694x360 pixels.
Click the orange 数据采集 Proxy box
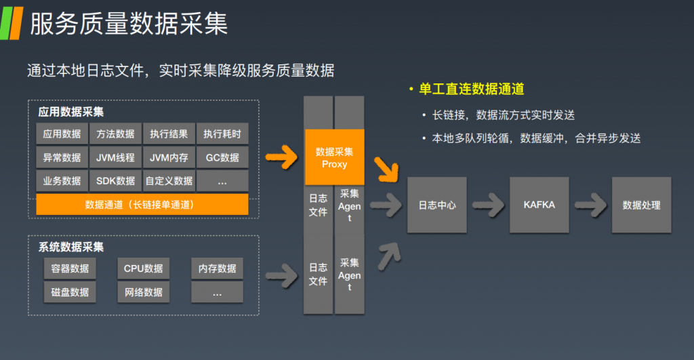tap(335, 157)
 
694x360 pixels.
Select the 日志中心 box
tap(437, 205)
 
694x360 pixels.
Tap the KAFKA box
tap(539, 205)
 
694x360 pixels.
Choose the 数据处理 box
tap(641, 205)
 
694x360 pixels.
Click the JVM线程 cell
tap(116, 157)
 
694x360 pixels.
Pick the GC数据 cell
tap(222, 157)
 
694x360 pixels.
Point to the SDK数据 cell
tap(116, 181)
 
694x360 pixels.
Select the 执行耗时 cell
tap(222, 134)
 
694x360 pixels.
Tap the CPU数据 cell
tap(143, 268)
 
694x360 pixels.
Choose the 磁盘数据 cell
tap(70, 292)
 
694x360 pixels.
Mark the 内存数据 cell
tap(217, 268)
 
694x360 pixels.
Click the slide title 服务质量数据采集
tap(129, 24)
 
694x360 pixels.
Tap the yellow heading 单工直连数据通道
tap(471, 89)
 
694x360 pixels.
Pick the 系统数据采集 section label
tap(72, 247)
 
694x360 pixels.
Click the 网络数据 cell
tap(143, 292)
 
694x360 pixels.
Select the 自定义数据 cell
tap(169, 181)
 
